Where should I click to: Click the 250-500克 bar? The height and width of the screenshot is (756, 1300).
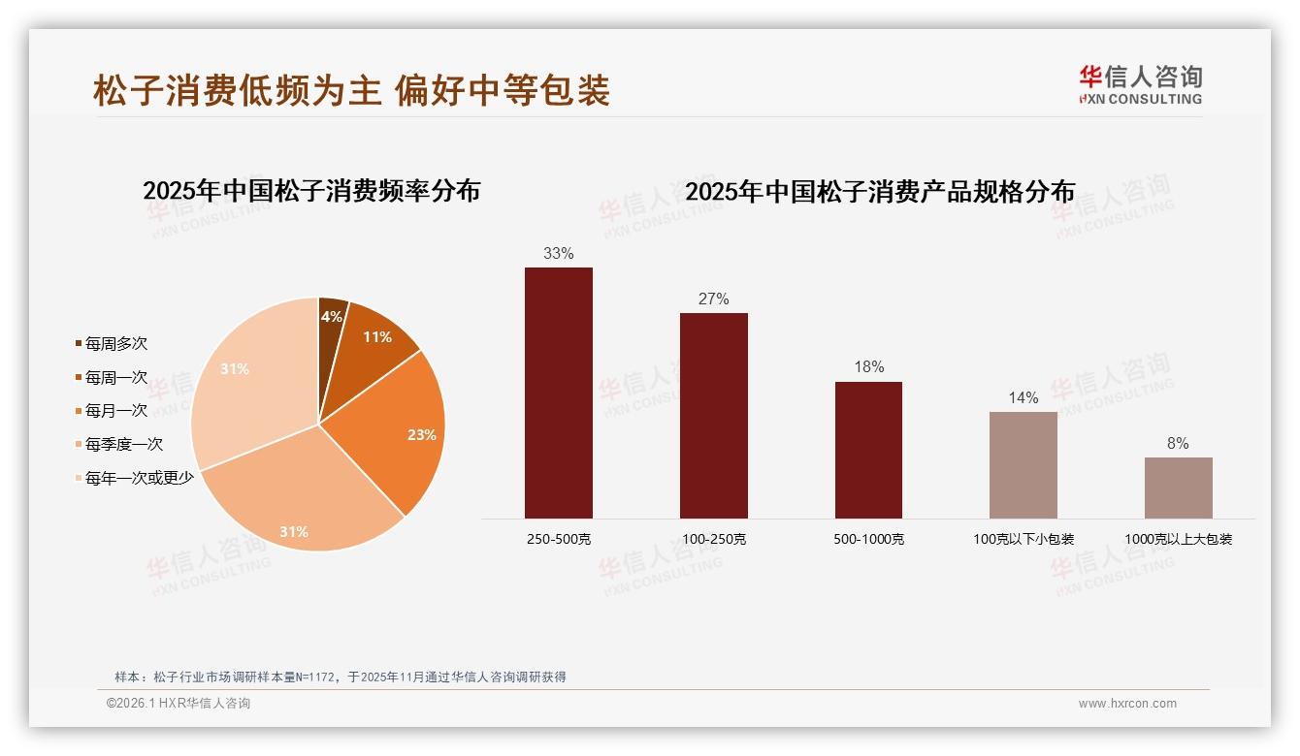click(x=558, y=393)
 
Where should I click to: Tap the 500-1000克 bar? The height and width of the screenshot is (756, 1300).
click(x=868, y=450)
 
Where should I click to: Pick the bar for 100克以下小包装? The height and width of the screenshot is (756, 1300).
click(x=1024, y=465)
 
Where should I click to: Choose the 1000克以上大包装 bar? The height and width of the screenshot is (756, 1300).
click(x=1178, y=488)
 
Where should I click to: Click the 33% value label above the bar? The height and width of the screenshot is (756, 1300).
click(x=558, y=254)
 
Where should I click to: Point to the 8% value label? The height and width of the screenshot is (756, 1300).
click(x=1178, y=444)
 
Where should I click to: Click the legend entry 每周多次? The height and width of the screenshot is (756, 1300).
click(x=115, y=344)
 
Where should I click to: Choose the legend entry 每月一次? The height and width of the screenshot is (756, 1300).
click(x=115, y=411)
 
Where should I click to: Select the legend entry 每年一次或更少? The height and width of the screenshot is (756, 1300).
click(x=139, y=478)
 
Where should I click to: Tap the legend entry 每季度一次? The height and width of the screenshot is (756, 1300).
click(x=123, y=445)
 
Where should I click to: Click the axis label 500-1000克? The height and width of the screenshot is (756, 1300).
click(x=868, y=539)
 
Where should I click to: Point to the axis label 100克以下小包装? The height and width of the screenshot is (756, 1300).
click(x=1024, y=539)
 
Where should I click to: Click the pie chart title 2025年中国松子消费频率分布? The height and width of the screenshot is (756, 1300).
click(x=311, y=191)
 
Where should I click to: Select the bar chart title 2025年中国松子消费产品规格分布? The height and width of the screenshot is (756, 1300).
click(x=880, y=192)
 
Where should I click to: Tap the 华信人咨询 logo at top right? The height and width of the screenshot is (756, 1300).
click(x=1140, y=84)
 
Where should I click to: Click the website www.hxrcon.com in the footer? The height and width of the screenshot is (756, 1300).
click(x=1127, y=704)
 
